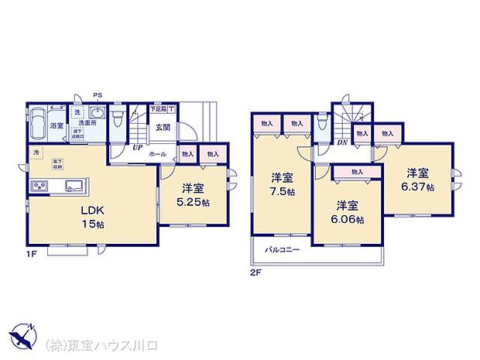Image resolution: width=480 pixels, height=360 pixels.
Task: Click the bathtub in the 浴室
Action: [x=39, y=124]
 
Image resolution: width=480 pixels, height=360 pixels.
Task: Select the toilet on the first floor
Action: [x=116, y=120]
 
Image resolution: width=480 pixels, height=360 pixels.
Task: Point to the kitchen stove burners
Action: [x=38, y=186]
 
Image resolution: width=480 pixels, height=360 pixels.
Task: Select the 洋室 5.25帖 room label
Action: [x=194, y=194]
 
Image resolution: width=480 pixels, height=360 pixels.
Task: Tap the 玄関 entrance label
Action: [x=162, y=128]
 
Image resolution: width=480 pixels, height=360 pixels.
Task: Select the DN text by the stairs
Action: [x=341, y=142]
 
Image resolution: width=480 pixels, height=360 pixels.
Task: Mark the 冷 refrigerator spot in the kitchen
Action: [x=36, y=154]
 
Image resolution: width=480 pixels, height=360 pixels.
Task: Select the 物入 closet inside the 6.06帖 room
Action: [x=357, y=172]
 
